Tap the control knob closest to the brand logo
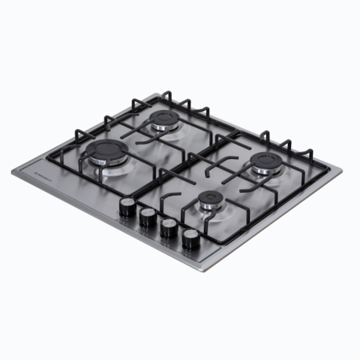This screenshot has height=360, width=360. [127, 207]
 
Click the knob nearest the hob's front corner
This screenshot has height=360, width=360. [191, 238]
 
